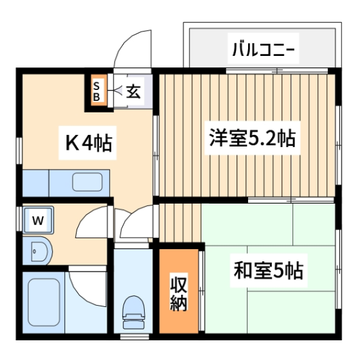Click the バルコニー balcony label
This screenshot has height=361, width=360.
[263, 49]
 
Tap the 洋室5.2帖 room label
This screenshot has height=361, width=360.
[252, 138]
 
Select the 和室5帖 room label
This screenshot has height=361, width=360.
[269, 270]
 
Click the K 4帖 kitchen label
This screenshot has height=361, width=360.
[89, 143]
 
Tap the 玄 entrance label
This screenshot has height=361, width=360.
[133, 91]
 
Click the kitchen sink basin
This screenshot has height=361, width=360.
[88, 182]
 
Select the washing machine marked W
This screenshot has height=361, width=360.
[38, 220]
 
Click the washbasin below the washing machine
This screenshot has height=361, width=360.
[38, 252]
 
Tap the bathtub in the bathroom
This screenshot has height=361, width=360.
[44, 302]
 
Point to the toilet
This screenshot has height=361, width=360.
[134, 312]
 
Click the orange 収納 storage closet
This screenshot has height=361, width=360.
[179, 291]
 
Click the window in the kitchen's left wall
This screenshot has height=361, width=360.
[19, 151]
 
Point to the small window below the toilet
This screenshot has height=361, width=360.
[135, 337]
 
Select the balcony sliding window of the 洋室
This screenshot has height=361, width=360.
[277, 70]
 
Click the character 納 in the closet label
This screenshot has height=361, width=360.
[179, 303]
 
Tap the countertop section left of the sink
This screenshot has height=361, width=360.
[36, 184]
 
